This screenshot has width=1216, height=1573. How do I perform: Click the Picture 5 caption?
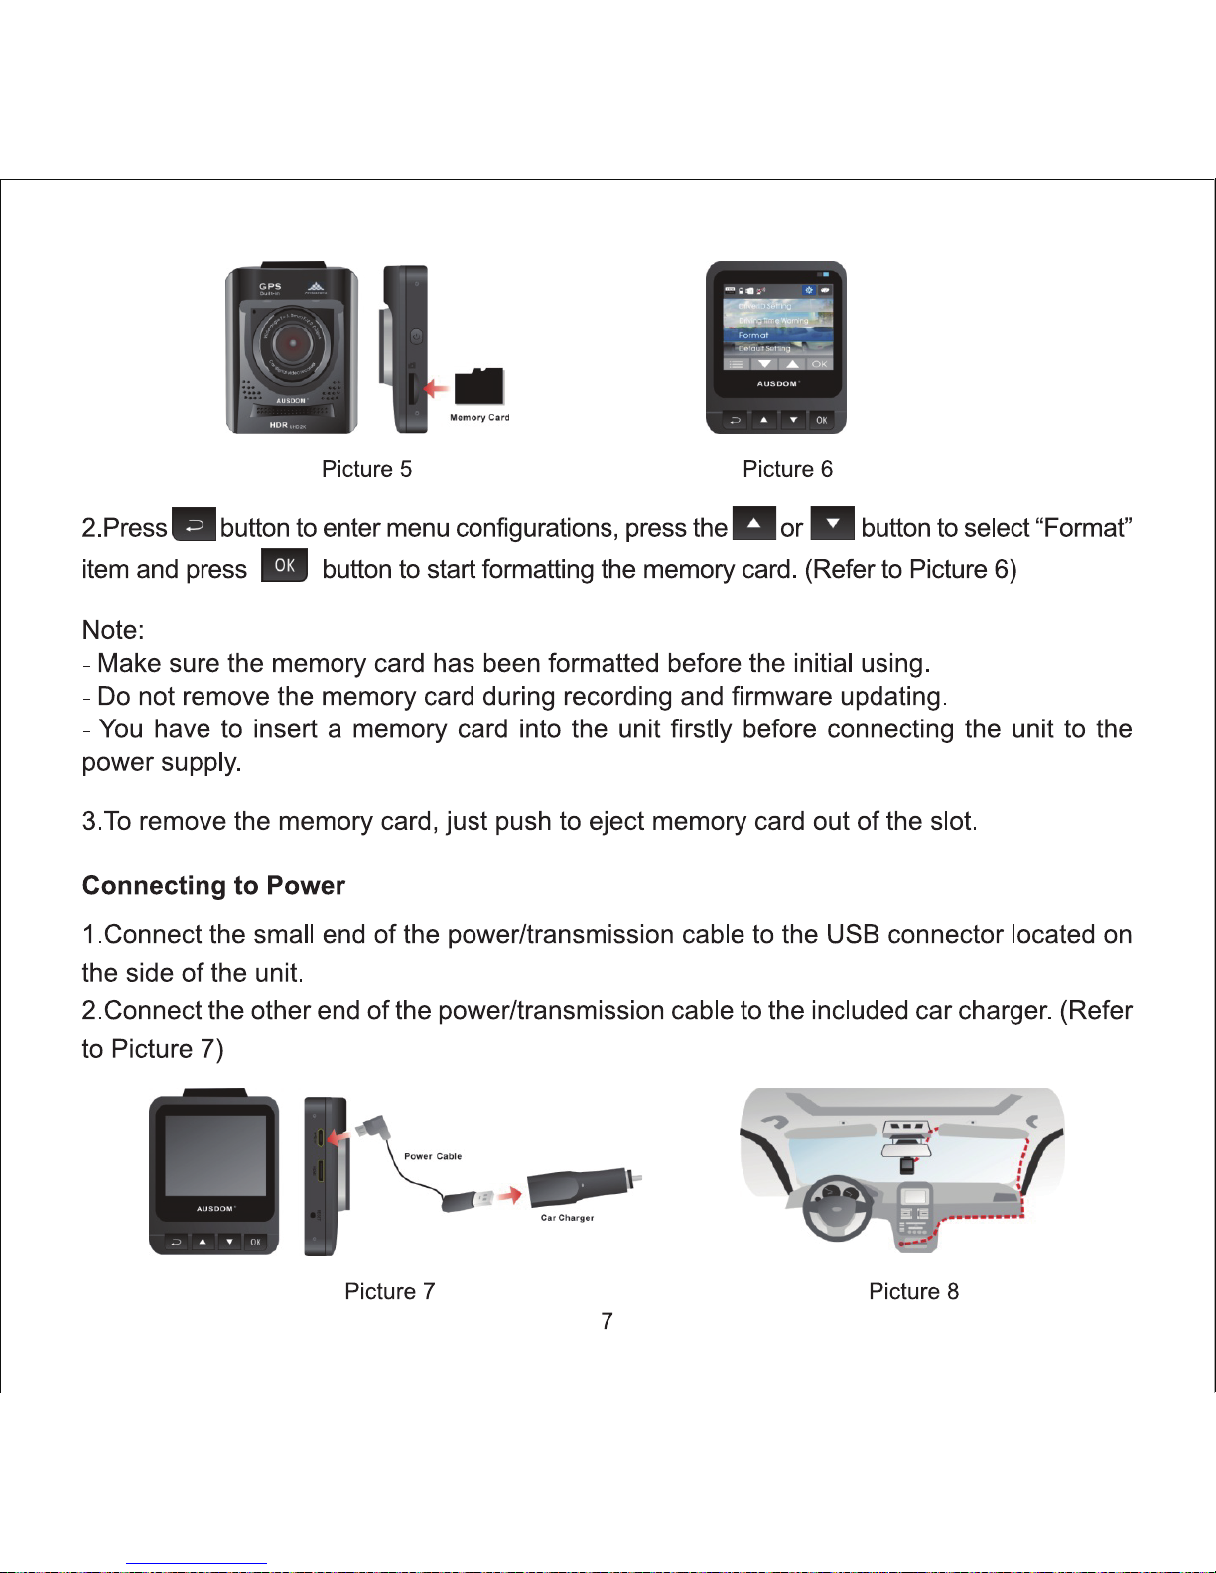(366, 469)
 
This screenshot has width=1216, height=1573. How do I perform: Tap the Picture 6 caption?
(787, 469)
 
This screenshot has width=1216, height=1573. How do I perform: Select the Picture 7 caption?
(389, 1291)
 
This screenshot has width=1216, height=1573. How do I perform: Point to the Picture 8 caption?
(913, 1291)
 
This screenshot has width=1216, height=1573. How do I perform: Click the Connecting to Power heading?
(213, 885)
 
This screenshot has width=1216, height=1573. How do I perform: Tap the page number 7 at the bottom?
(607, 1321)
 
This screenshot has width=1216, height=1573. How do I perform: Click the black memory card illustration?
(479, 386)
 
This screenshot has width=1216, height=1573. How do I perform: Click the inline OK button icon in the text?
(284, 565)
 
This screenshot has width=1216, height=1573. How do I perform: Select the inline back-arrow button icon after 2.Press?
(194, 524)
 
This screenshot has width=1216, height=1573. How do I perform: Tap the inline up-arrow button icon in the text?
(753, 523)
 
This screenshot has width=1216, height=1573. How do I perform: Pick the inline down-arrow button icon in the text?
(832, 523)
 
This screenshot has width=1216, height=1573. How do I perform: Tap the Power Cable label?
(433, 1156)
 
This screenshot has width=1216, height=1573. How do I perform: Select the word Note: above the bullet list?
(113, 630)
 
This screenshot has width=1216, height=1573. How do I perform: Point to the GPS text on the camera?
(270, 286)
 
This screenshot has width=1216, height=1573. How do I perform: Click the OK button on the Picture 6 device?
(821, 420)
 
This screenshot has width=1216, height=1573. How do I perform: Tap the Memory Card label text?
(479, 418)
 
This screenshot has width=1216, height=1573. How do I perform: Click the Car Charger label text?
(567, 1218)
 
